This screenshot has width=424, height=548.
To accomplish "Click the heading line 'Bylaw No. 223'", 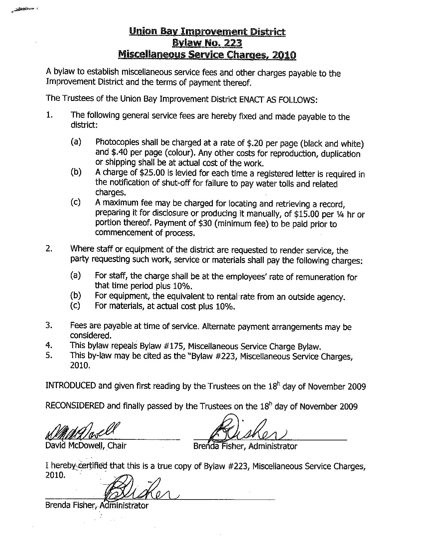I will pyautogui.click(x=207, y=43).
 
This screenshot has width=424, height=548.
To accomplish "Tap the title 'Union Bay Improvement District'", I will pyautogui.click(x=207, y=32).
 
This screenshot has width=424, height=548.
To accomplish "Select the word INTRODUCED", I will pyautogui.click(x=71, y=386).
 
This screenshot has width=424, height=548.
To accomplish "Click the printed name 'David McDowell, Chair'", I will pyautogui.click(x=86, y=446).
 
